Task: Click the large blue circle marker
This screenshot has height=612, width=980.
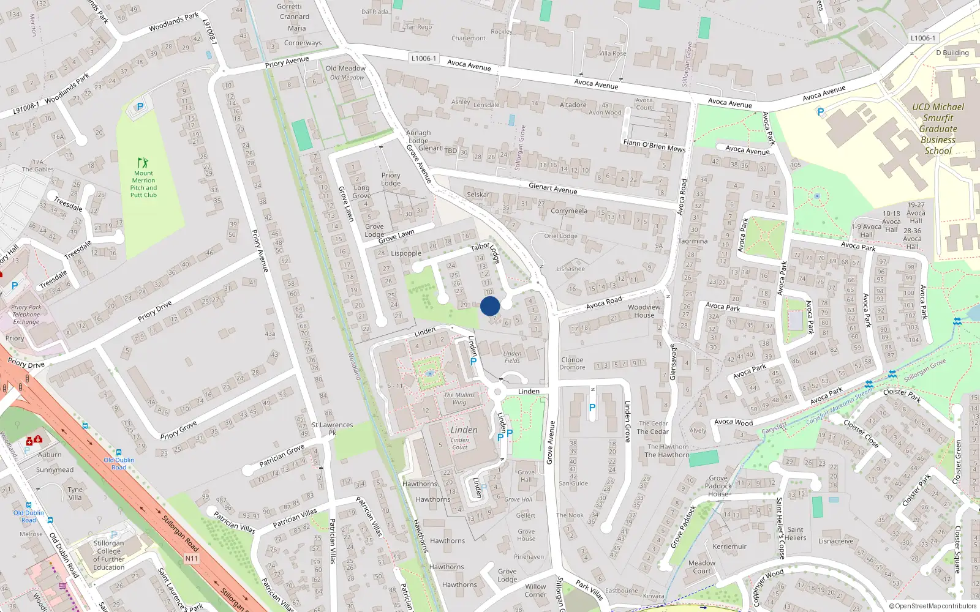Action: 490,306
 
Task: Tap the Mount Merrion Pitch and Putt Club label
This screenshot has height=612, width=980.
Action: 144,184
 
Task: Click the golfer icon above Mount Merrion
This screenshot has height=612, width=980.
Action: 143,163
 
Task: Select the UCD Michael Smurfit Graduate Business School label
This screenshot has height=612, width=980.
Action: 938,129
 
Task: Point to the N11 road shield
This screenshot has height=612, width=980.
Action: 191,558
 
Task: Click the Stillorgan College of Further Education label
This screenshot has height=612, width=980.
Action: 109,555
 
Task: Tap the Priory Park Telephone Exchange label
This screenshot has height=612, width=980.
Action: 26,315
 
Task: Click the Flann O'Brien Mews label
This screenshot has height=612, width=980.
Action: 654,146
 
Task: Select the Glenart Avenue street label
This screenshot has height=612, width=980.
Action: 552,188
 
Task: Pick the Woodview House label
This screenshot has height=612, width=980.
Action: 644,311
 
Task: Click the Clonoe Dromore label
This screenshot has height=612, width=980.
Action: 572,364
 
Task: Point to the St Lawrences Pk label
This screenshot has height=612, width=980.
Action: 333,428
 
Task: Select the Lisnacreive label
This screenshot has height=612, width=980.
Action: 835,541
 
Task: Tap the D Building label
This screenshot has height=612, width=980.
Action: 952,53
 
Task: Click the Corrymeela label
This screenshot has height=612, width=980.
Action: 568,211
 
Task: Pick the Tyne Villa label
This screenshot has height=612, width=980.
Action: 75,493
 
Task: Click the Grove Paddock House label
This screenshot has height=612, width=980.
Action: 718,486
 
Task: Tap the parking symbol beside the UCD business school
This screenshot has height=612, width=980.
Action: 821,112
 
